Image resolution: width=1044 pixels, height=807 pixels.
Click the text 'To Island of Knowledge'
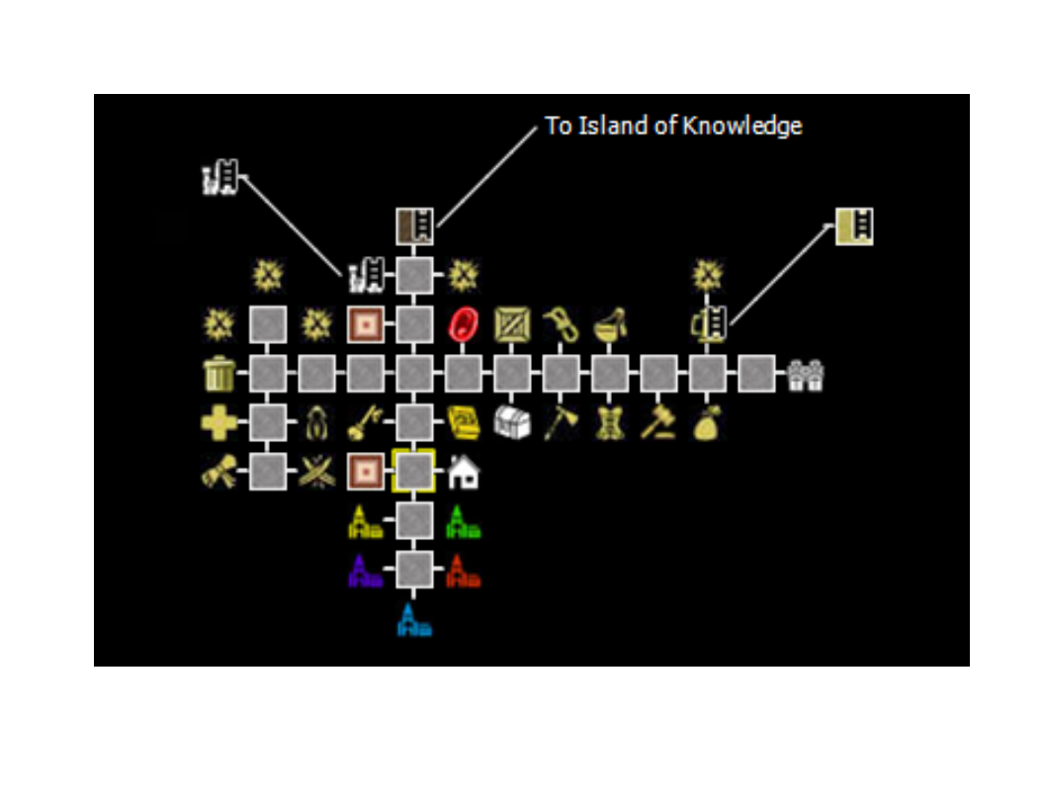673,127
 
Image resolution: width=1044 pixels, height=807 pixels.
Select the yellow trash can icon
218,375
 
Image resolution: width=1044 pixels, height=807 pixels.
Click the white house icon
463,472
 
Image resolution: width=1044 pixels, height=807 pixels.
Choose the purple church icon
365,571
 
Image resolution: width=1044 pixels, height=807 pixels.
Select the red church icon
463,571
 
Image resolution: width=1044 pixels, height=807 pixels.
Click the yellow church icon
365,521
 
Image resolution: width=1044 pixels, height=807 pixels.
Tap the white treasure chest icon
512,422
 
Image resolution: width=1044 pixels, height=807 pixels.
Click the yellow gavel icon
657,422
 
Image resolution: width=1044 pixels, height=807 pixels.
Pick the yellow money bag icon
707,423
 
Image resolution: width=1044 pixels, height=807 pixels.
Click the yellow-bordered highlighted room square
414,472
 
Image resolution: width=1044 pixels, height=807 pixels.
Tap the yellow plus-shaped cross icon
218,423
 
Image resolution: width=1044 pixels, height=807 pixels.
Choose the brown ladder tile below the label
414,227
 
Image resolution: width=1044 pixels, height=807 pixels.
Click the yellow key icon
365,423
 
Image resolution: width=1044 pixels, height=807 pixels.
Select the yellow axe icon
561,422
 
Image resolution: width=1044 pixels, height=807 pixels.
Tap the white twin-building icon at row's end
806,375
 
